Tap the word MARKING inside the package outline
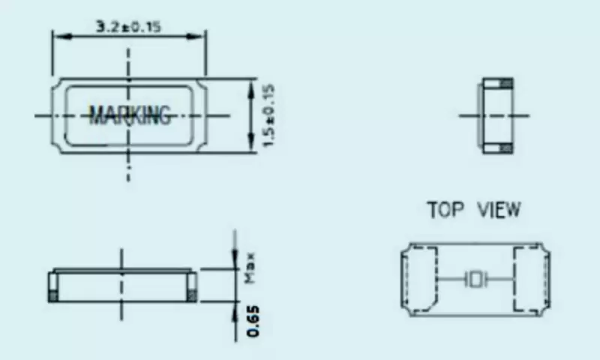click(x=130, y=115)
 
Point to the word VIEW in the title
click(x=498, y=209)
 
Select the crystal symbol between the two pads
click(x=475, y=280)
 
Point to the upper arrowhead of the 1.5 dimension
click(x=251, y=84)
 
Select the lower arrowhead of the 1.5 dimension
click(x=251, y=145)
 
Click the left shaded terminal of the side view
click(x=52, y=288)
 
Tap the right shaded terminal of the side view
click(x=193, y=288)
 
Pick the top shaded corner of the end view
click(x=506, y=82)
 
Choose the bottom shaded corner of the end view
click(x=506, y=147)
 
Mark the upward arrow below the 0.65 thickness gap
click(x=234, y=309)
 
